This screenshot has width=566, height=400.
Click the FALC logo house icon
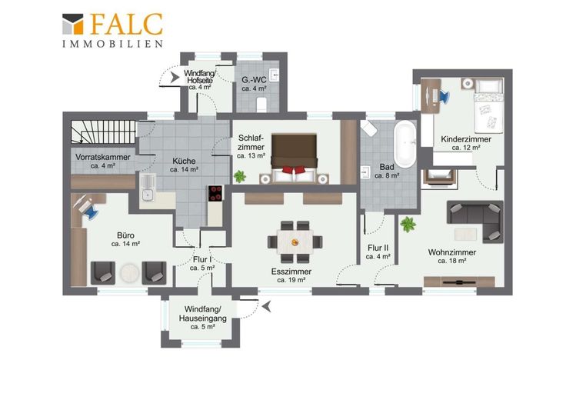tap(72, 24)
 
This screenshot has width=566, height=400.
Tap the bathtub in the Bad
tap(405, 145)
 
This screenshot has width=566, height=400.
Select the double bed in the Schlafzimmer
tap(294, 158)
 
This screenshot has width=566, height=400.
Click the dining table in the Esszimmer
tap(295, 242)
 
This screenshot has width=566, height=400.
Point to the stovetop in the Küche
tap(215, 193)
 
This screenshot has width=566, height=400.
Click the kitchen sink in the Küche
tap(148, 188)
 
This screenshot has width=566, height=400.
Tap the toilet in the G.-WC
tap(261, 105)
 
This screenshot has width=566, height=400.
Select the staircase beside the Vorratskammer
tap(104, 132)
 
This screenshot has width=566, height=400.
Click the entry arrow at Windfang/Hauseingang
tap(267, 306)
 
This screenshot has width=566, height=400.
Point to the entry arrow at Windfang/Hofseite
tap(175, 77)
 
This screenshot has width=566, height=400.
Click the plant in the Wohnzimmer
tap(408, 224)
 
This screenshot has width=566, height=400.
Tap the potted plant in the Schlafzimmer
tap(239, 176)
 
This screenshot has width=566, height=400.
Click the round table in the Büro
tap(129, 273)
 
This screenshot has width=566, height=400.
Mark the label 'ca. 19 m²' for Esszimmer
tap(291, 280)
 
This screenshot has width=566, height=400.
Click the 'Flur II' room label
tap(378, 248)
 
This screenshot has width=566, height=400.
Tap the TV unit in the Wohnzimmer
tap(459, 282)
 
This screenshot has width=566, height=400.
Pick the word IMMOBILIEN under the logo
tap(112, 44)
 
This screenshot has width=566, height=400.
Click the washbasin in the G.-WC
tap(275, 75)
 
